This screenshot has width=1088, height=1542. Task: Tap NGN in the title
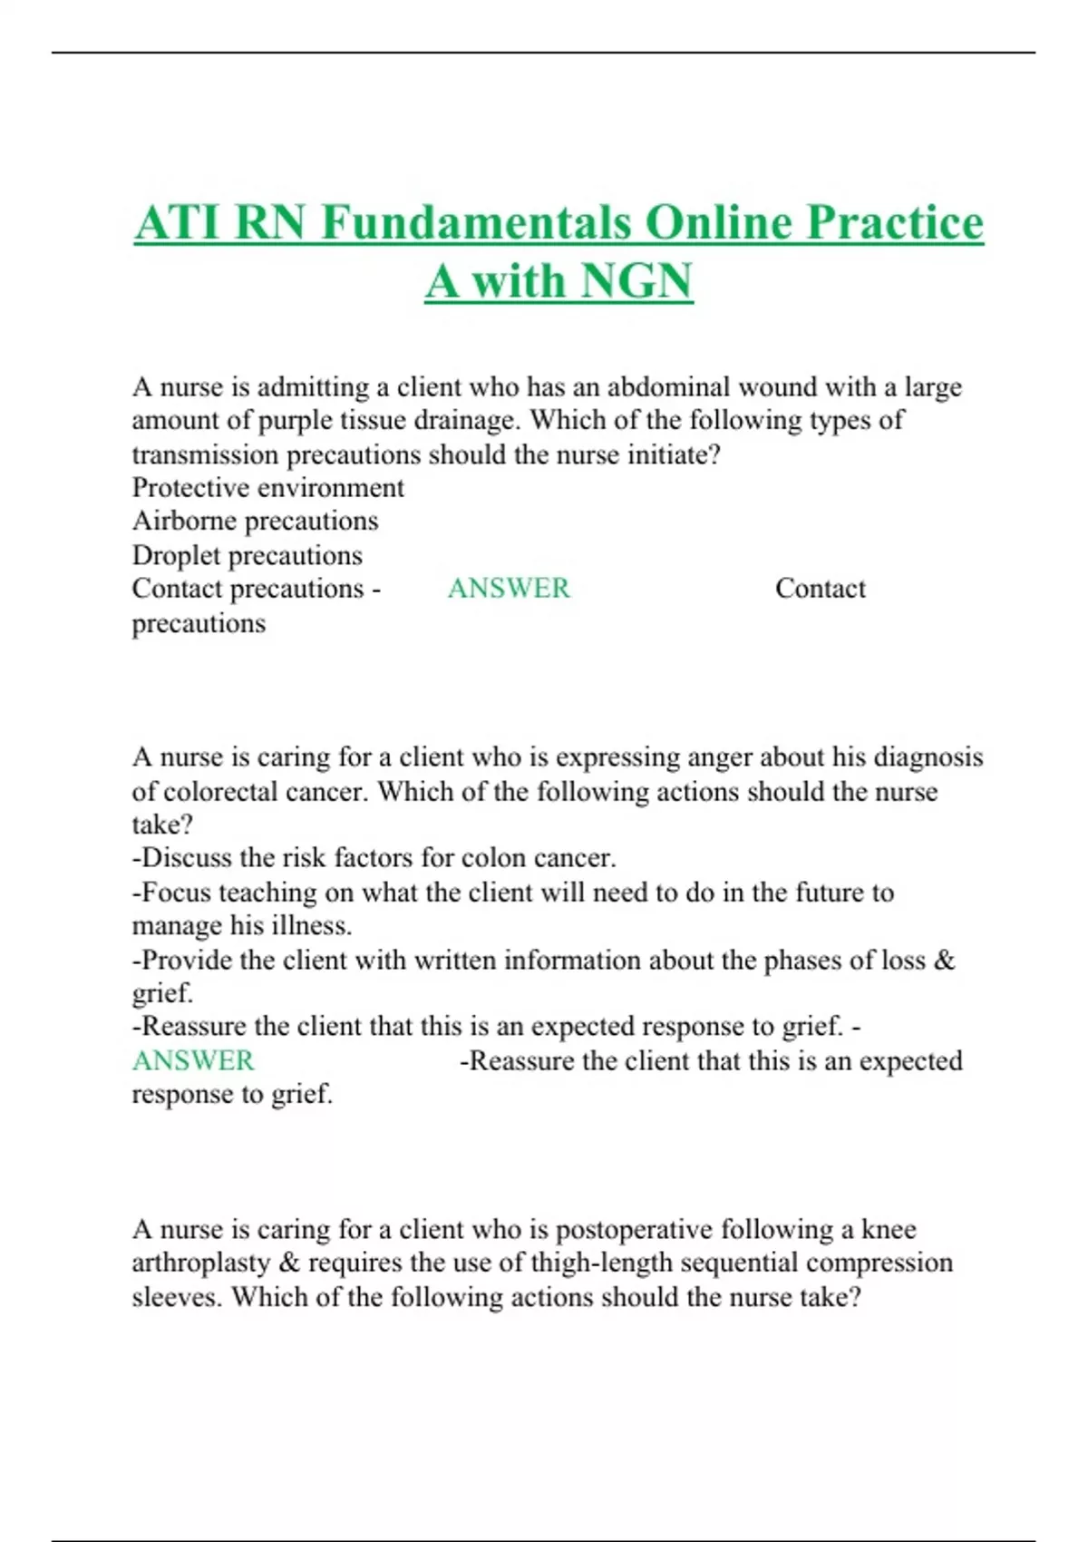pyautogui.click(x=636, y=280)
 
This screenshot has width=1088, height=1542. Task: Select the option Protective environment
pyautogui.click(x=267, y=488)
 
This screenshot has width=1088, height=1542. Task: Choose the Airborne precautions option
pyautogui.click(x=255, y=522)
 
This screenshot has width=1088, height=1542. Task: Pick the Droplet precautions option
pyautogui.click(x=247, y=555)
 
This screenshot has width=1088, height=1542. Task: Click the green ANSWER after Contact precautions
pyautogui.click(x=509, y=589)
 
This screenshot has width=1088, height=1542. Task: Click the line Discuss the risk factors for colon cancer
pyautogui.click(x=374, y=858)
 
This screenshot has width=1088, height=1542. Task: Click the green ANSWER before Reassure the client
pyautogui.click(x=193, y=1060)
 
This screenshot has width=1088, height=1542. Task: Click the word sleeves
pyautogui.click(x=176, y=1297)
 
